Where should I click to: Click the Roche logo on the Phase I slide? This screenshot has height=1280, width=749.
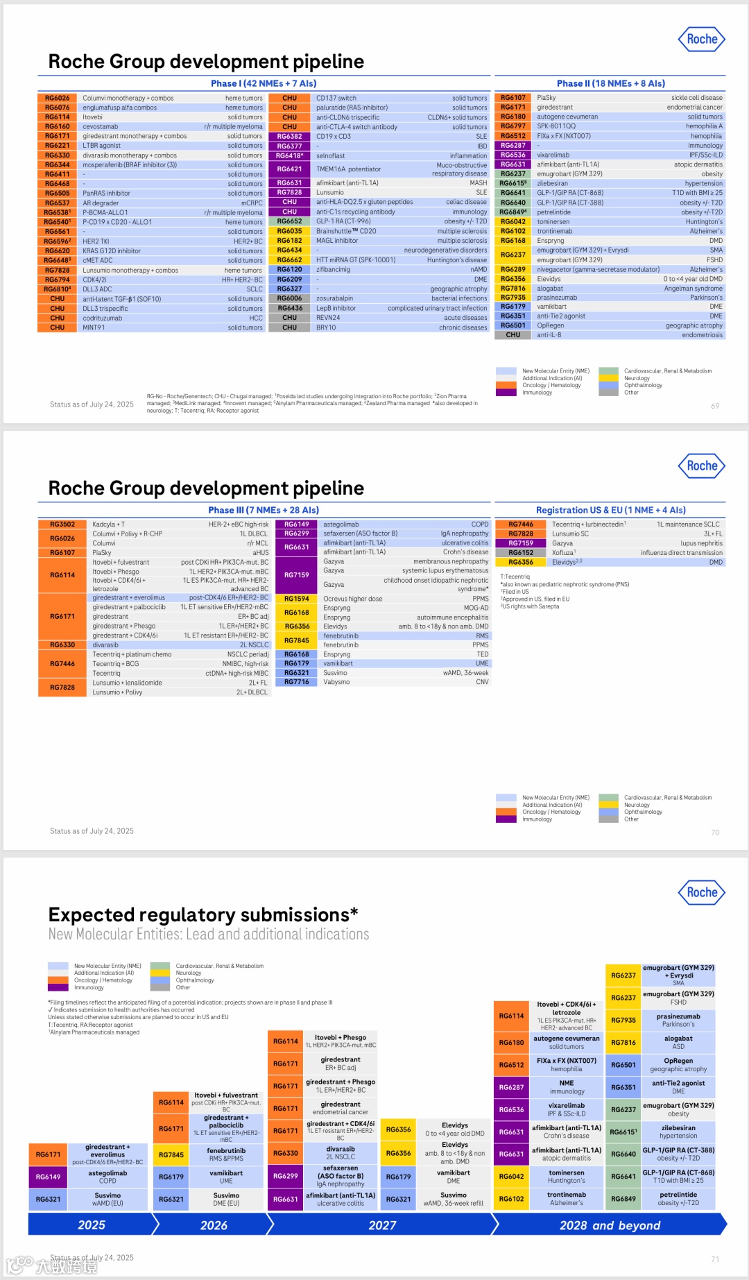pyautogui.click(x=701, y=40)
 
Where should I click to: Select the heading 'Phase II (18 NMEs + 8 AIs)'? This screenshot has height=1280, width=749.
pyautogui.click(x=610, y=84)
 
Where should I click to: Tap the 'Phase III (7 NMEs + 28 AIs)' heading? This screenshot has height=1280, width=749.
pyautogui.click(x=264, y=510)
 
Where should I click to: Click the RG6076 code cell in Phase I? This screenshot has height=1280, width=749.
pyautogui.click(x=58, y=108)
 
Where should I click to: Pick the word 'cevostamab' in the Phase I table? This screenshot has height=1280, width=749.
pyautogui.click(x=101, y=127)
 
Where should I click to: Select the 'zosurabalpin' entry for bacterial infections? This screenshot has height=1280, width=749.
pyautogui.click(x=334, y=298)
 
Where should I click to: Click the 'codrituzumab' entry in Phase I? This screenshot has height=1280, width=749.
pyautogui.click(x=102, y=318)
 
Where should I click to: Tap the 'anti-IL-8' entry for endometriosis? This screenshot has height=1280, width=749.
pyautogui.click(x=549, y=335)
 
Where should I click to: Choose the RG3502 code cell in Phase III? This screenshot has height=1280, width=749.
pyautogui.click(x=62, y=524)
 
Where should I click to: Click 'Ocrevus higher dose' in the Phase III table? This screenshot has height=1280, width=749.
pyautogui.click(x=352, y=599)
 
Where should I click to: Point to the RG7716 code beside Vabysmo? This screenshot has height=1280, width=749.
pyautogui.click(x=296, y=682)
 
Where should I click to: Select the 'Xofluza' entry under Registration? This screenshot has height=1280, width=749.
pyautogui.click(x=563, y=553)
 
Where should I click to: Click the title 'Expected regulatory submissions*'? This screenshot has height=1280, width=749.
pyautogui.click(x=203, y=914)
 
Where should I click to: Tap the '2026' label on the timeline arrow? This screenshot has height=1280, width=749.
pyautogui.click(x=214, y=1226)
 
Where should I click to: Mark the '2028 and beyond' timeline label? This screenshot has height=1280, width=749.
pyautogui.click(x=610, y=1226)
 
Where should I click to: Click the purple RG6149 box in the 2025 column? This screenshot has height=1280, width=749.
pyautogui.click(x=48, y=1177)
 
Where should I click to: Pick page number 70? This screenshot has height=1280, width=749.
pyautogui.click(x=715, y=833)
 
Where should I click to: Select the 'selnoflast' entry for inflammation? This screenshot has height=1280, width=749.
pyautogui.click(x=330, y=156)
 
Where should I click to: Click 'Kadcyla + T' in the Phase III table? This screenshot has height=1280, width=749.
pyautogui.click(x=109, y=524)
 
